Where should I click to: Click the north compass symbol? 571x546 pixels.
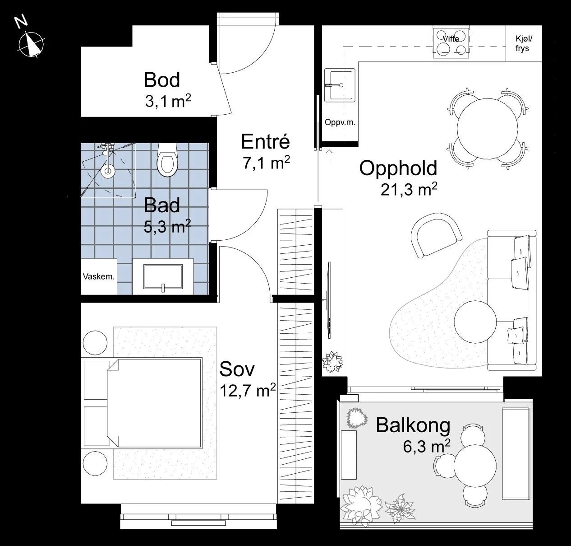(31, 44)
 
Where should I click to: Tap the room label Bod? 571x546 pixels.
(161, 80)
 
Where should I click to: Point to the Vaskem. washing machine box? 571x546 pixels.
(98, 277)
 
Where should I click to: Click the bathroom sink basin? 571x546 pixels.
(163, 276)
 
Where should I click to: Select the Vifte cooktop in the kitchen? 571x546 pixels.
(451, 43)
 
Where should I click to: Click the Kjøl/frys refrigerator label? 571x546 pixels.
(523, 44)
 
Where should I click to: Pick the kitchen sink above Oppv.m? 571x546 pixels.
(340, 84)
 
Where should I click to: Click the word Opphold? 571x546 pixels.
(398, 168)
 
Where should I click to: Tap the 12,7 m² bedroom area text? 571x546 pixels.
(247, 390)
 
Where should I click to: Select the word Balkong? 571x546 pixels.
(413, 425)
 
